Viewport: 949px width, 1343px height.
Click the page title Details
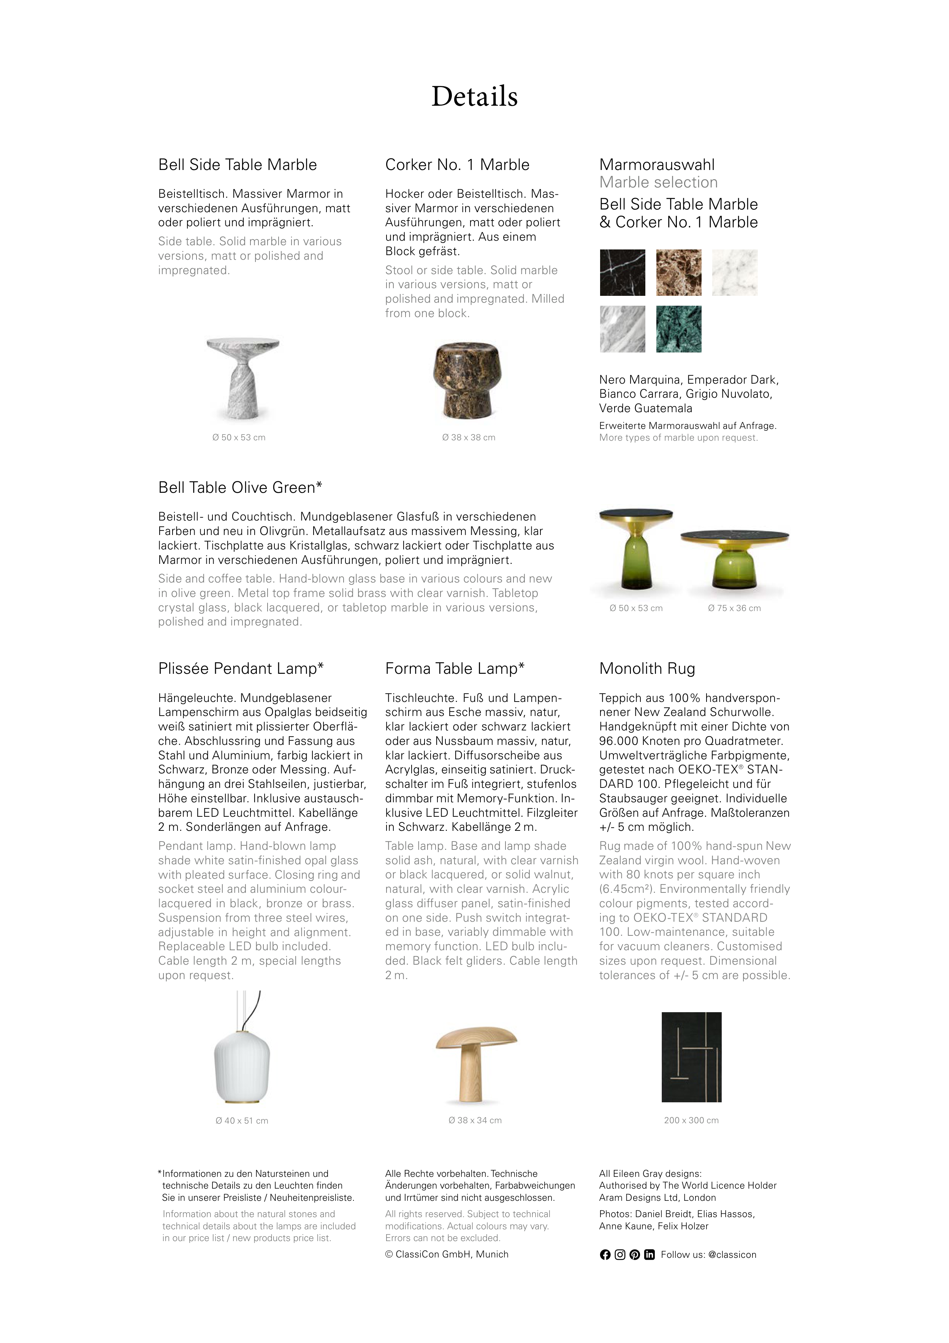point(474,97)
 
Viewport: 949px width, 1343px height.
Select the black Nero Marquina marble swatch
point(622,273)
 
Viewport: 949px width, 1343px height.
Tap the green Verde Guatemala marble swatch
point(678,329)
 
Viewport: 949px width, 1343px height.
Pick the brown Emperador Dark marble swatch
point(678,273)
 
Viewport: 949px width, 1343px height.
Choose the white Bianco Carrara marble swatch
point(734,273)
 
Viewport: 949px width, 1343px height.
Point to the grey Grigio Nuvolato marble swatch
point(622,329)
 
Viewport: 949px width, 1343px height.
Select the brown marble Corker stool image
point(468,381)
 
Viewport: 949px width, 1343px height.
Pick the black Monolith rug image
point(691,1057)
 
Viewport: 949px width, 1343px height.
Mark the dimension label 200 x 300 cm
point(691,1120)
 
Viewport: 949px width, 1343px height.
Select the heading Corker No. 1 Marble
point(457,165)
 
